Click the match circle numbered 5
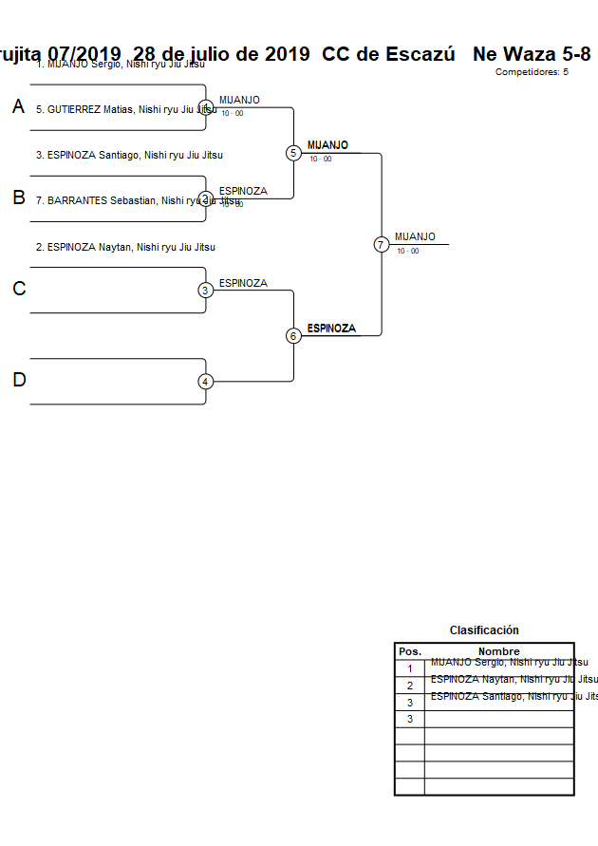pyautogui.click(x=293, y=153)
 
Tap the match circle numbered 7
pyautogui.click(x=381, y=244)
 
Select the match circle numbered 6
pyautogui.click(x=293, y=335)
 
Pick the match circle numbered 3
pyautogui.click(x=205, y=290)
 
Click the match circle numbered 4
pyautogui.click(x=205, y=382)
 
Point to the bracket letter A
pyautogui.click(x=18, y=107)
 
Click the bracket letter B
pyautogui.click(x=18, y=198)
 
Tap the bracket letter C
pyautogui.click(x=18, y=290)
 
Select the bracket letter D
pyautogui.click(x=18, y=381)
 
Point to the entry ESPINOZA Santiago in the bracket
pyautogui.click(x=129, y=155)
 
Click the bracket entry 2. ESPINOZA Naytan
pyautogui.click(x=125, y=247)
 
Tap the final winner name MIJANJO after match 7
pyautogui.click(x=415, y=236)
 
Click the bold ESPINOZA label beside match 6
pyautogui.click(x=331, y=329)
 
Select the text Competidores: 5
pyautogui.click(x=532, y=72)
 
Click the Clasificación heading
pyautogui.click(x=484, y=630)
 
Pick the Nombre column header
pyautogui.click(x=498, y=651)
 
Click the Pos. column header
pyautogui.click(x=409, y=651)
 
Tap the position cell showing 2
pyautogui.click(x=409, y=686)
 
